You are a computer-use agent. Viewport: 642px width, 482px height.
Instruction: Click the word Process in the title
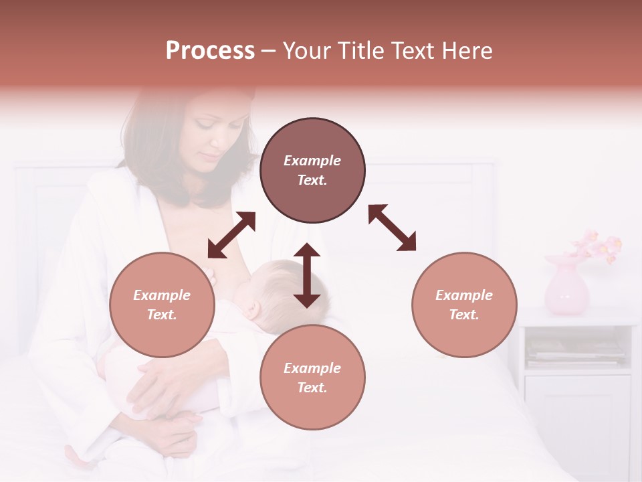point(210,51)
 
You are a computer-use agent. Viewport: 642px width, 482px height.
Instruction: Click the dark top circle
point(312,171)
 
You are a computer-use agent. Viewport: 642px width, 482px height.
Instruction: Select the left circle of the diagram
point(162,305)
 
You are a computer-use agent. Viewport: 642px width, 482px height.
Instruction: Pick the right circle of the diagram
point(464,305)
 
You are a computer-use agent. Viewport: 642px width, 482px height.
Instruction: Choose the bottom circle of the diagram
point(312,378)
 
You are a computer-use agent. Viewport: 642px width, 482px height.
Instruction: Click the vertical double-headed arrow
point(307,275)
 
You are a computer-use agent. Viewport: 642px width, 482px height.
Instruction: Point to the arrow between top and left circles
point(231,235)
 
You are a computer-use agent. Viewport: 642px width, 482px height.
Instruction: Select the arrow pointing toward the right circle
point(392,228)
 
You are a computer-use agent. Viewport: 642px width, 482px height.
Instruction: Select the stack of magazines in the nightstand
point(576,350)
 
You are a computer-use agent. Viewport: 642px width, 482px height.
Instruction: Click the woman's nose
point(219,142)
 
